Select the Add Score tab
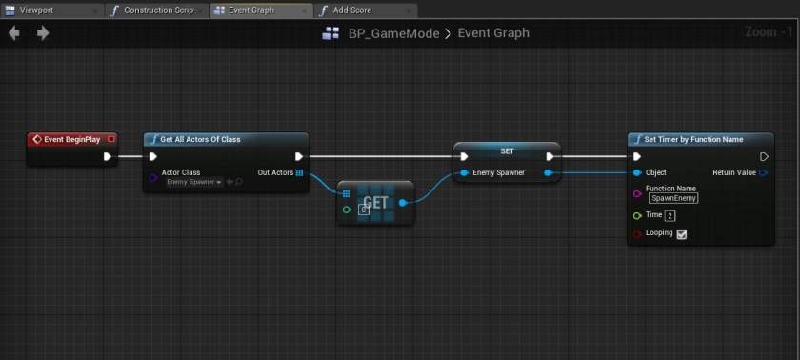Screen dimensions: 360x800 point(352,10)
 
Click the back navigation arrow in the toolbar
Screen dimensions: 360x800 point(14,33)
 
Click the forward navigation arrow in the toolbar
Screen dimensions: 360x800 point(43,33)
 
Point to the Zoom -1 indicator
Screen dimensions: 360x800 point(770,32)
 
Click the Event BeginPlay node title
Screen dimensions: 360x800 point(71,139)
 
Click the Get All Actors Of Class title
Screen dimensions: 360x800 point(200,139)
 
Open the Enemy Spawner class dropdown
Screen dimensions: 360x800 point(193,182)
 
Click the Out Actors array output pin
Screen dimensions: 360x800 point(299,172)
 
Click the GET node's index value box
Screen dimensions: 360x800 point(363,210)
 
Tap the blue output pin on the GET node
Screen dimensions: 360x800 point(403,202)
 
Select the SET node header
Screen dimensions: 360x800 point(507,150)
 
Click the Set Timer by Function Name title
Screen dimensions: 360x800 point(693,139)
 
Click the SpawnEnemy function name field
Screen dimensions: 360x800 point(673,198)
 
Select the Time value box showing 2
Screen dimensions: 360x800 point(670,215)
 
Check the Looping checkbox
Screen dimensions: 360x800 point(682,233)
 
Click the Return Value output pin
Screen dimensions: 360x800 point(764,172)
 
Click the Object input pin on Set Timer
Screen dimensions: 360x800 point(636,172)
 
